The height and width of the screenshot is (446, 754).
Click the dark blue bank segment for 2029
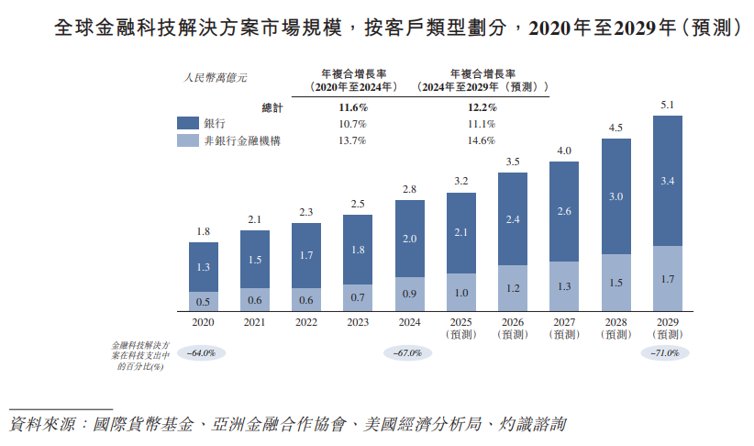[x=668, y=181]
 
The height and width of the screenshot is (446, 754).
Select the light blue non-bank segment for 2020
[x=203, y=301]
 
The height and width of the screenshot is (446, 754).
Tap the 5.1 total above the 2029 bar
[x=668, y=106]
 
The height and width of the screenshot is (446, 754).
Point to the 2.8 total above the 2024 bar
[x=409, y=190]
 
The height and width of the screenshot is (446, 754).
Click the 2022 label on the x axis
[x=306, y=322]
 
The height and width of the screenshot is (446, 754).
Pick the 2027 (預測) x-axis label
[x=564, y=328]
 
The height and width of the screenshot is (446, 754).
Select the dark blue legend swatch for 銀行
[x=188, y=123]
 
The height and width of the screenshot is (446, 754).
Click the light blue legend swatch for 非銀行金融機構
[x=188, y=140]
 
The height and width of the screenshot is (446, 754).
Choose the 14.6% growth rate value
[x=482, y=140]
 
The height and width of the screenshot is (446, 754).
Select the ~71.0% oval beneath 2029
[x=664, y=352]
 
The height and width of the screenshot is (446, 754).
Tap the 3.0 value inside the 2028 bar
[x=616, y=196]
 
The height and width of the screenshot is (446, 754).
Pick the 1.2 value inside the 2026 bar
[x=513, y=287]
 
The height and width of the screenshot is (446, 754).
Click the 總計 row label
[x=273, y=106]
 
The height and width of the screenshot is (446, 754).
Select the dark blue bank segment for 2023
[x=358, y=249]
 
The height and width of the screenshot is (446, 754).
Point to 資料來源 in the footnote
[x=41, y=425]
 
